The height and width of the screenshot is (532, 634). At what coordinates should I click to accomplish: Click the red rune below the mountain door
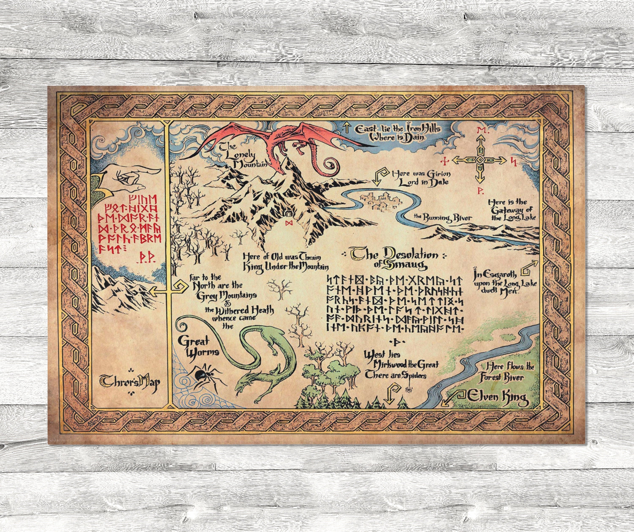pos(289,223)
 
